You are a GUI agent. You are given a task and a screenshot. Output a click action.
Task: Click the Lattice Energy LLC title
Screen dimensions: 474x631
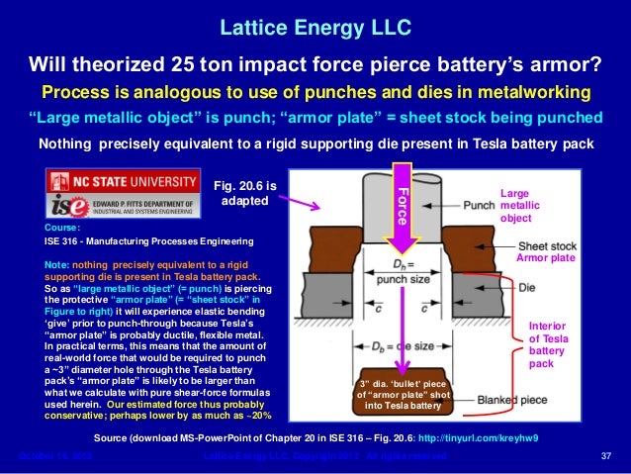point(315,23)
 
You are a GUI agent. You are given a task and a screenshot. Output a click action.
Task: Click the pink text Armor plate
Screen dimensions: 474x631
point(545,257)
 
